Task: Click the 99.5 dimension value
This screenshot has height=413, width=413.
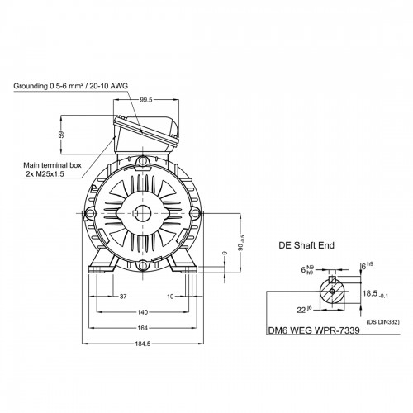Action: [x=146, y=100]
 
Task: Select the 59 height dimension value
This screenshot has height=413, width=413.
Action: [x=61, y=135]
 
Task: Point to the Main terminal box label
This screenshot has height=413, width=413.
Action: [x=52, y=165]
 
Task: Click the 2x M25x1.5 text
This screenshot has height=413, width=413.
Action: [x=45, y=174]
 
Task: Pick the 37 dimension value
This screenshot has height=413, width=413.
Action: [x=123, y=297]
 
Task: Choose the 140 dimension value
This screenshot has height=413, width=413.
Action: [x=143, y=312]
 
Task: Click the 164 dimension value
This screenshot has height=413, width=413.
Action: [x=143, y=328]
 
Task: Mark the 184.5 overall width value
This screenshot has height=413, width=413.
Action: [x=143, y=344]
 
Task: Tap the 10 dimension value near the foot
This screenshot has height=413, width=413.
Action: [x=171, y=297]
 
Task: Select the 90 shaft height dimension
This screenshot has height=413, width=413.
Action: [x=241, y=243]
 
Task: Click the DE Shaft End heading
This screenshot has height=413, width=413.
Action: [x=306, y=245]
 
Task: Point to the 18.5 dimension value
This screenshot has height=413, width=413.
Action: [x=375, y=294]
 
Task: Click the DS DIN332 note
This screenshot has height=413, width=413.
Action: [x=382, y=322]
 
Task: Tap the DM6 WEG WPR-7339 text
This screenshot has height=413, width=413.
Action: [x=314, y=330]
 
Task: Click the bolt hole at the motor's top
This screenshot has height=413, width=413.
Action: [x=143, y=160]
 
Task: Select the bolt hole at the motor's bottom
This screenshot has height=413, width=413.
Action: [x=143, y=266]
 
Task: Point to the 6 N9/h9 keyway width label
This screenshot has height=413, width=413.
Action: [x=307, y=269]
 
